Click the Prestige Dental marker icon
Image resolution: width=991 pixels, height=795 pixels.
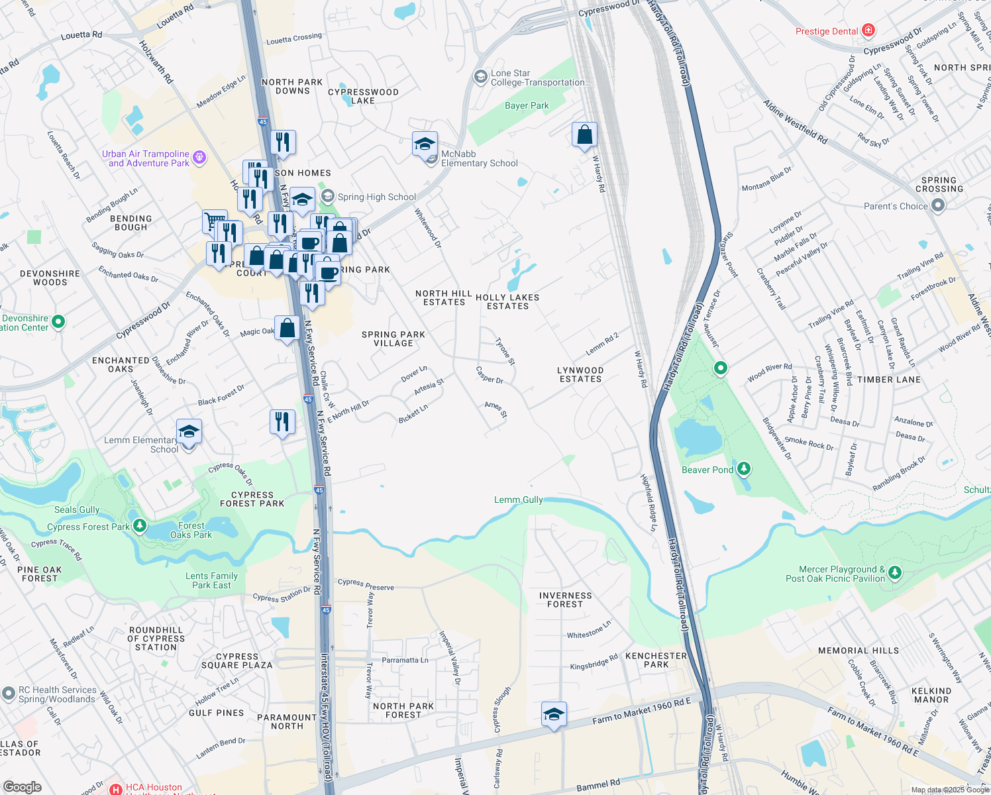(868, 30)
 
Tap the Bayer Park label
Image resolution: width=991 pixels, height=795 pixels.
(527, 105)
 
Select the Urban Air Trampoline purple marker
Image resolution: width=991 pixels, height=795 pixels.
(199, 158)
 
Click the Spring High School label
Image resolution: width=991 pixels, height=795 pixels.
(376, 197)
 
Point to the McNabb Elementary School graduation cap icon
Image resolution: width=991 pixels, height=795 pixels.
(425, 144)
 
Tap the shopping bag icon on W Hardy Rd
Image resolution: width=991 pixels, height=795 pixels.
(584, 135)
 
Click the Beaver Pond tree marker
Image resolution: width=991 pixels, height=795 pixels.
(744, 470)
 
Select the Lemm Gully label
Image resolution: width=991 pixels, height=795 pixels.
(518, 500)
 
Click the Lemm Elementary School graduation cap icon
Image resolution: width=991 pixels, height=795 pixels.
(189, 431)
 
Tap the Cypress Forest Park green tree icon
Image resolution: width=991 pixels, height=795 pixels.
(139, 526)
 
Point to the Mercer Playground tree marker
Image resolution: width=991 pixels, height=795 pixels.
(895, 572)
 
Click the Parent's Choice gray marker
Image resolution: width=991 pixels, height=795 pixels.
(937, 205)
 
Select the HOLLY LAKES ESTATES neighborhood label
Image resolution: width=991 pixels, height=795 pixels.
(507, 301)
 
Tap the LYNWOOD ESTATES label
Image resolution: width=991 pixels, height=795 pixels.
(580, 375)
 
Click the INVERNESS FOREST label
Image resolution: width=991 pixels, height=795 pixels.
(565, 600)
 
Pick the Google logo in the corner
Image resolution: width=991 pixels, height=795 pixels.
(22, 787)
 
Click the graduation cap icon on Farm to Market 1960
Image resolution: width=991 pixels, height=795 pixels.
(554, 714)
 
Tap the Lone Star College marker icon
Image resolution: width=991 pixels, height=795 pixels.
(480, 77)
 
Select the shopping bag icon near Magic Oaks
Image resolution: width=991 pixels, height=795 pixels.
(287, 328)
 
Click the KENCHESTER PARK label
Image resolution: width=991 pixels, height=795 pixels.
(656, 660)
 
